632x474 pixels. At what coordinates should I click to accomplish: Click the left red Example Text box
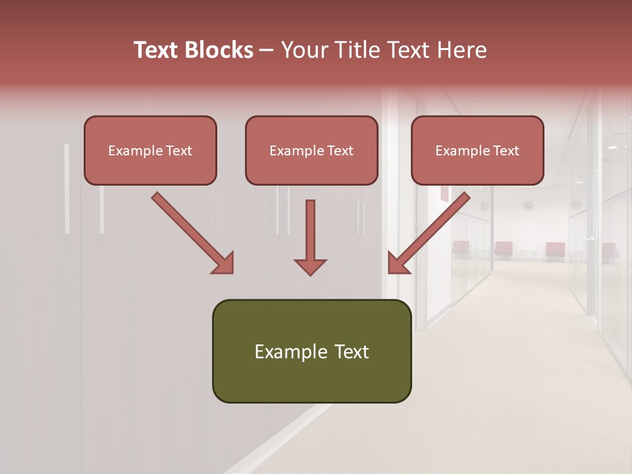(150, 150)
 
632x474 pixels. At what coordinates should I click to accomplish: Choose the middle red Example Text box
(311, 150)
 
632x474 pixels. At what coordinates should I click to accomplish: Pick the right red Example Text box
(477, 150)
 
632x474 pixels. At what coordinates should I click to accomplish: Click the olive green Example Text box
(311, 351)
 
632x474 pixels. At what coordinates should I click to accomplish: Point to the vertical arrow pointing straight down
(310, 237)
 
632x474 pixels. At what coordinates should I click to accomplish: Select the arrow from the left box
(191, 232)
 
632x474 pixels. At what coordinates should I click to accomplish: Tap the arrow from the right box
(429, 232)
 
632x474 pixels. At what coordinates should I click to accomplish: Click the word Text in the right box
(506, 151)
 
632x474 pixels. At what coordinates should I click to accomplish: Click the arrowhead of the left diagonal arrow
(224, 264)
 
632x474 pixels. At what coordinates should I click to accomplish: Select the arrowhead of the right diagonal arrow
(397, 264)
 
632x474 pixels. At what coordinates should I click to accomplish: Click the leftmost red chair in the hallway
(460, 248)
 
